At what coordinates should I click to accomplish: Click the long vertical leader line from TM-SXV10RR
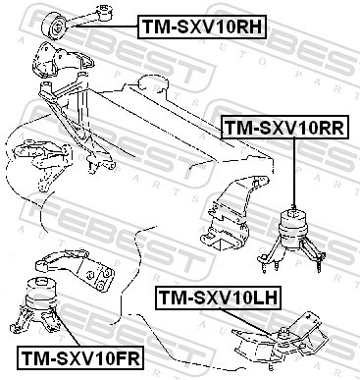pos(292,172)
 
